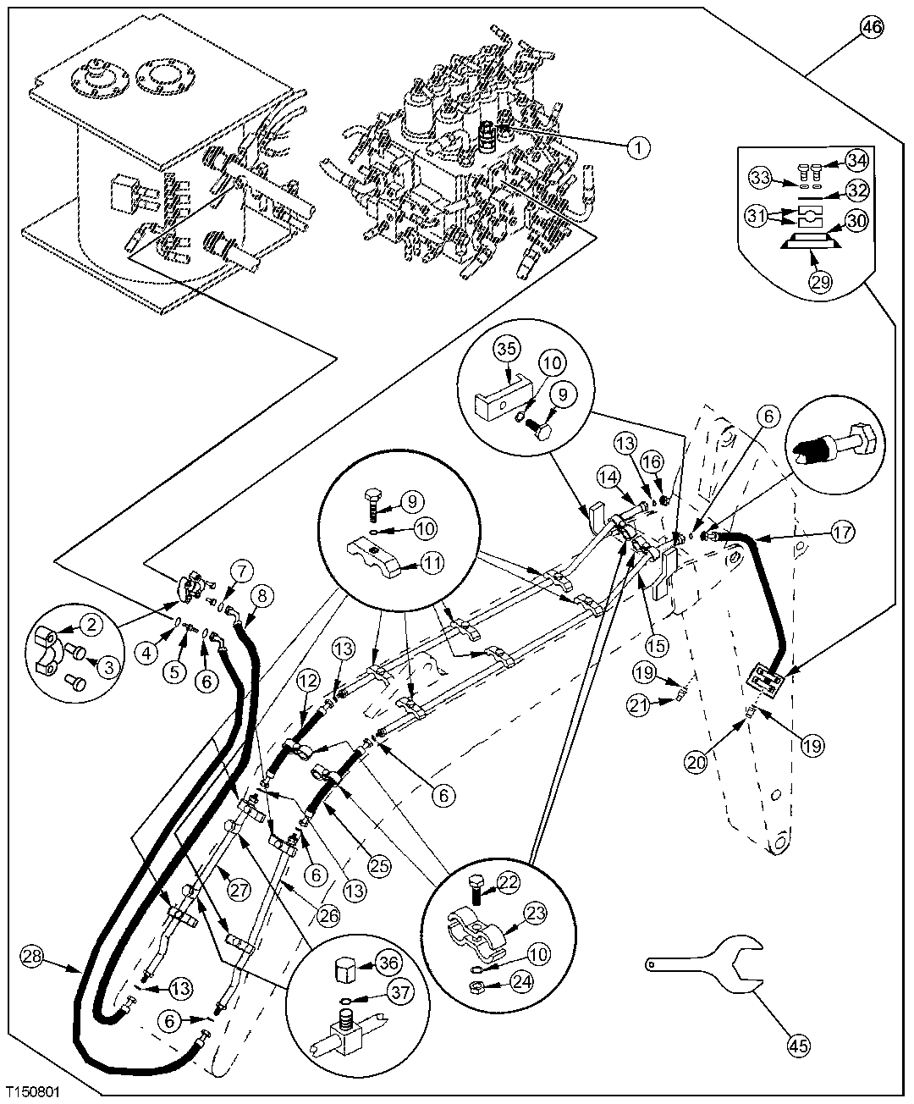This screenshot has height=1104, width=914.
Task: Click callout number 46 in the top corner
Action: point(872,27)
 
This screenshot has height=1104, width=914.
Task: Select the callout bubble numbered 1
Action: point(638,147)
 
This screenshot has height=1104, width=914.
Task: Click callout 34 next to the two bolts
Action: point(856,160)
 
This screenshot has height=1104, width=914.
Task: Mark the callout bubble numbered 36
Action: point(389,963)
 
